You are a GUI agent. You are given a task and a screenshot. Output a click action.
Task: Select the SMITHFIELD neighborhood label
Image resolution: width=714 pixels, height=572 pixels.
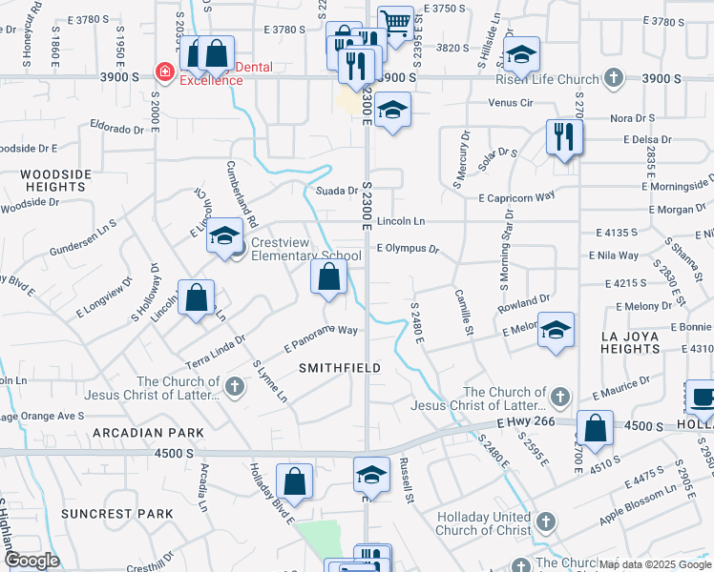[x=340, y=367]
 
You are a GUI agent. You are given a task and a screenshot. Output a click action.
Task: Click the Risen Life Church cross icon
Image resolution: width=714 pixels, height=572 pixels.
[x=614, y=79]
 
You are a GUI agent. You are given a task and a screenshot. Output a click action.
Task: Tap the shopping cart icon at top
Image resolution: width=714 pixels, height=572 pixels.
[x=395, y=23]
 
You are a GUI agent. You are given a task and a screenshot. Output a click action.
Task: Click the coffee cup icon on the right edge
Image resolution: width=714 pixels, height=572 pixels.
[x=702, y=396]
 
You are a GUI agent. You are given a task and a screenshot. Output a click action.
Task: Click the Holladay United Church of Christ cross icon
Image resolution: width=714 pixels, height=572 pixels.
[x=545, y=521]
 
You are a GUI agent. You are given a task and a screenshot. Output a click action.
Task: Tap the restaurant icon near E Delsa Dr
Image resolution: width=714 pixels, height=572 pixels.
[x=564, y=136]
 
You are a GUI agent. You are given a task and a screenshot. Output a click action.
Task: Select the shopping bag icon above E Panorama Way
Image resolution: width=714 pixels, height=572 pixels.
[x=329, y=278]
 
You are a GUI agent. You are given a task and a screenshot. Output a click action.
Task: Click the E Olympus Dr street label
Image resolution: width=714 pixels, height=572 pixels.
[x=408, y=249]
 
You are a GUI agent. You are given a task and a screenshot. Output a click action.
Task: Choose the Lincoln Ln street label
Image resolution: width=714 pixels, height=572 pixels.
[x=401, y=221]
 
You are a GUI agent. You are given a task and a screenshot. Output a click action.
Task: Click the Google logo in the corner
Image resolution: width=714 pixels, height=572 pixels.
[x=31, y=561]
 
